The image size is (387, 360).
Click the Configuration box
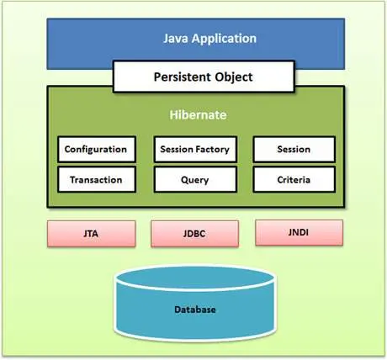[x=96, y=150]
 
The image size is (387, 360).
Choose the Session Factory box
[x=193, y=150]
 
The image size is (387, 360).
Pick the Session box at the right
[x=294, y=150]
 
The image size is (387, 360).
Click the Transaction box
[x=96, y=179]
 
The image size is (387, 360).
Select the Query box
[x=193, y=179]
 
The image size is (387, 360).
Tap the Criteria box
[x=294, y=179]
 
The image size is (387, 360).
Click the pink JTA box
[x=88, y=233]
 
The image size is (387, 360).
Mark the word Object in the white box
[x=232, y=77]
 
